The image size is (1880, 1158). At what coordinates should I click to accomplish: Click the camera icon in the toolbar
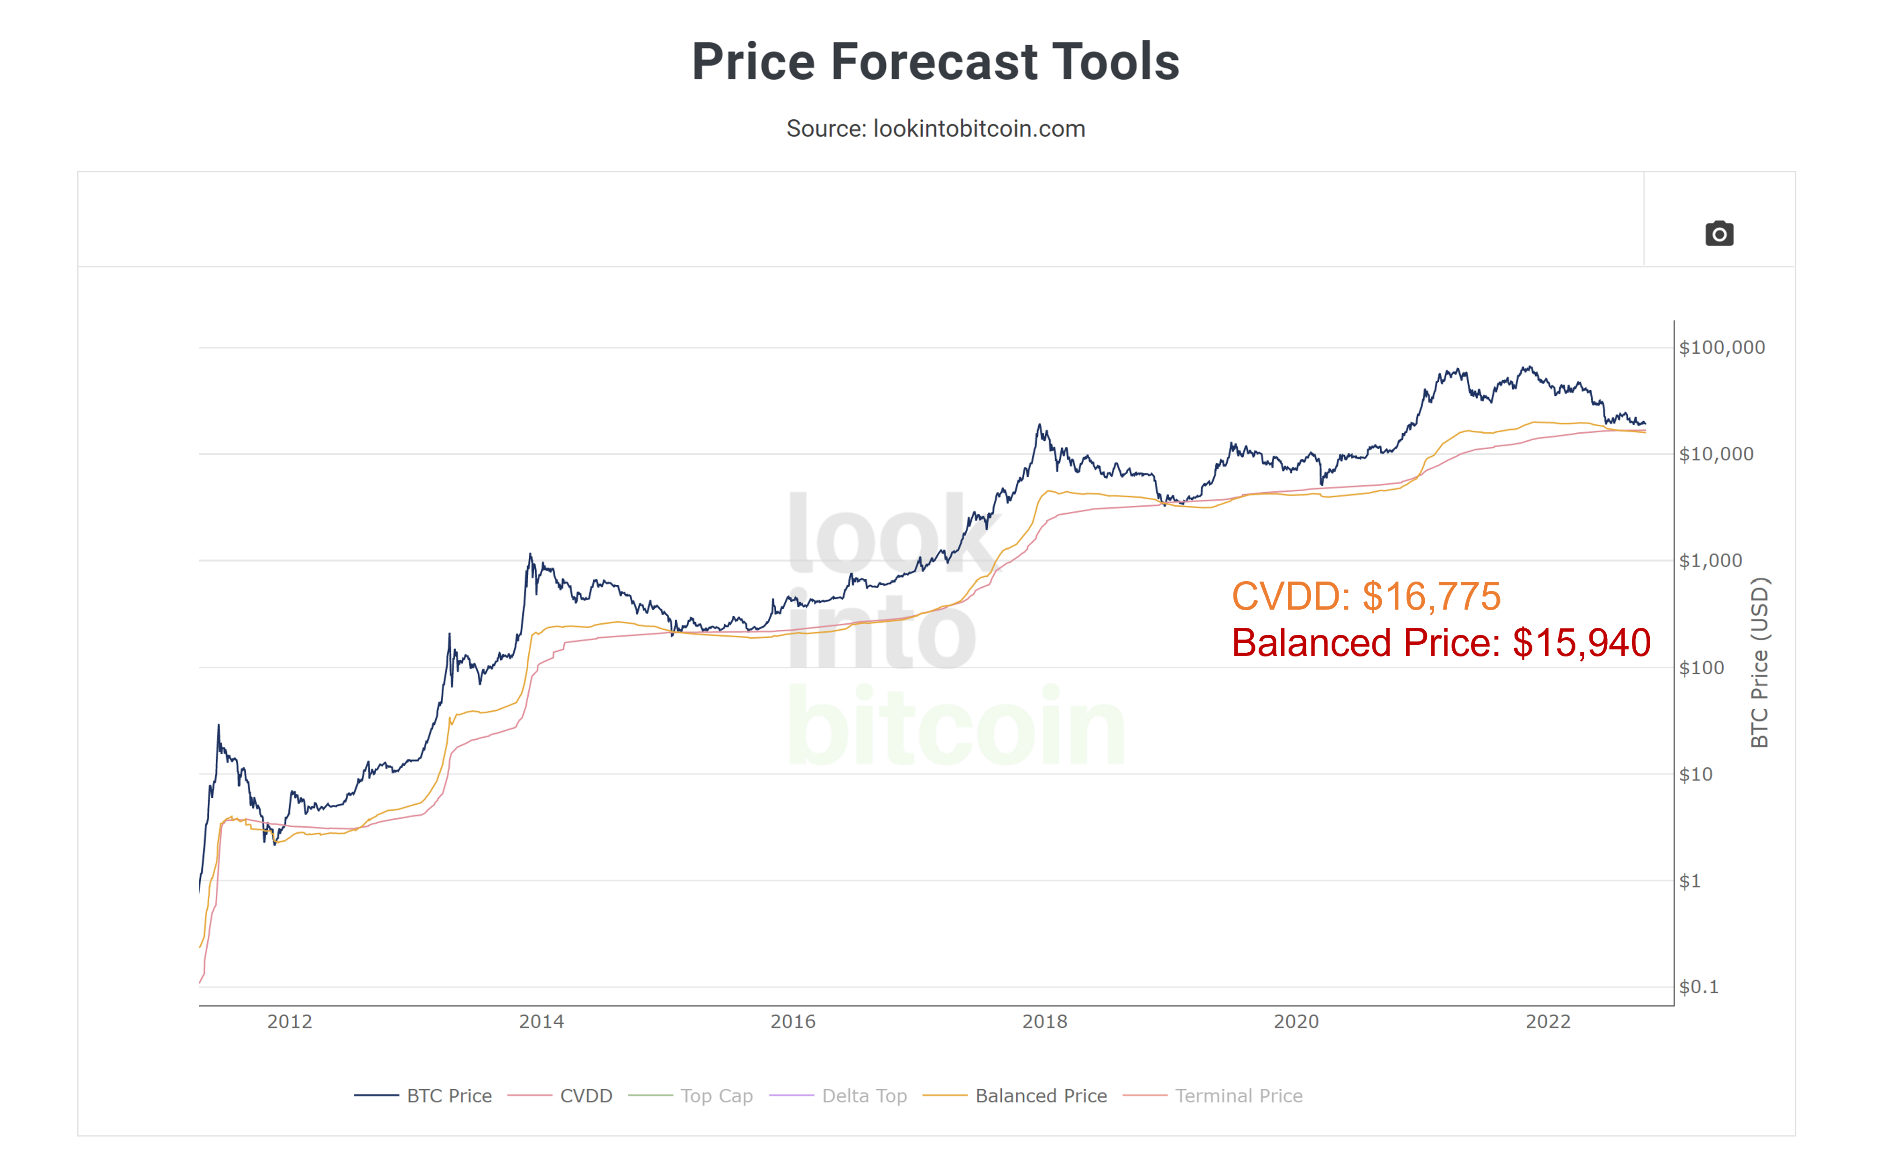click(x=1719, y=233)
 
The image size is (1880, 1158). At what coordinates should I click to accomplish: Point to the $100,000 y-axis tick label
click(x=1721, y=348)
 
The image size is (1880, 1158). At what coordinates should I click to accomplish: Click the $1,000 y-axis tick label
click(x=1710, y=561)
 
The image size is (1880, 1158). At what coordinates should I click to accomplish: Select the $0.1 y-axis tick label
click(x=1698, y=987)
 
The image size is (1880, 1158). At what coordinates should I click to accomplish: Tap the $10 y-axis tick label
click(x=1696, y=774)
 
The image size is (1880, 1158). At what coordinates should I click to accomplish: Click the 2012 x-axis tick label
click(x=290, y=1022)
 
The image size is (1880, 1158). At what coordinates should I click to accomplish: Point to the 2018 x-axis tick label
click(x=1044, y=1022)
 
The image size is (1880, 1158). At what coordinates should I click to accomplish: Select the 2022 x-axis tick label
click(x=1548, y=1022)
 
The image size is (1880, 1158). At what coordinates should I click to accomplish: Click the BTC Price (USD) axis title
click(x=1760, y=663)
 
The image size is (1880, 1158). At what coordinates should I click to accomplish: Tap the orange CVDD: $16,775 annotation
click(x=1365, y=596)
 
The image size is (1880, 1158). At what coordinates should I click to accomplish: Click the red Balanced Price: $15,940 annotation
click(x=1441, y=642)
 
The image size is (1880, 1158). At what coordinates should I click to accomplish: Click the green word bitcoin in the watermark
click(x=956, y=726)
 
